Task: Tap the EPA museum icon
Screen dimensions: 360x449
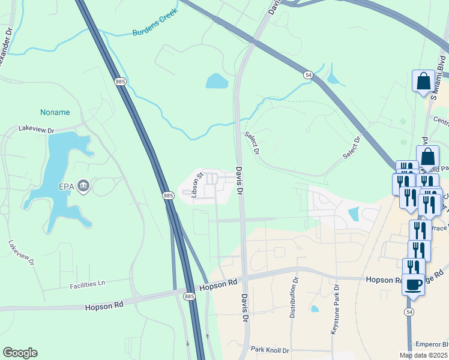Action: click(x=84, y=187)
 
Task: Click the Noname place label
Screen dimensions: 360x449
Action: click(x=55, y=112)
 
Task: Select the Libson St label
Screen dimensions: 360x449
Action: click(x=194, y=184)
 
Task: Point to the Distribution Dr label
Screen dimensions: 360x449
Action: click(x=295, y=298)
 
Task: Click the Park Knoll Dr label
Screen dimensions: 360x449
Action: click(x=270, y=350)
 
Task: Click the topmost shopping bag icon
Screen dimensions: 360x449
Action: click(x=423, y=80)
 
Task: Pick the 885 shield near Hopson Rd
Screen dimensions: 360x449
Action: click(x=190, y=296)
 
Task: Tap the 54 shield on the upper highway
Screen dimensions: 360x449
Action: click(x=308, y=74)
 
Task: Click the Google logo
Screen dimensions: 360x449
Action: click(x=20, y=353)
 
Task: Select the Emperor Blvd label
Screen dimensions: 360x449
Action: click(x=432, y=345)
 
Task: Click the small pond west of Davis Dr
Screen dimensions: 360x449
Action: click(x=217, y=80)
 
